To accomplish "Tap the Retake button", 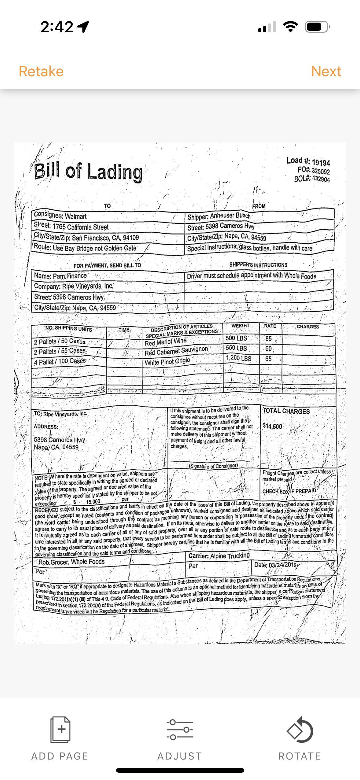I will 41,71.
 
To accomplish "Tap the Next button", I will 326,71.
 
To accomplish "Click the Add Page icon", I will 60,729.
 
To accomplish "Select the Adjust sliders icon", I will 180,729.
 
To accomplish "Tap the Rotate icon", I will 300,729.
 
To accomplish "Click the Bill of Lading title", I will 88,172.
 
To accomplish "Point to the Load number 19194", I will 321,162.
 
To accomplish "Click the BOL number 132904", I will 321,179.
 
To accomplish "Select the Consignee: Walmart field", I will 60,215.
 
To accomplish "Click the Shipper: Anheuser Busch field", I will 219,216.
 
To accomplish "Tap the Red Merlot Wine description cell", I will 166,342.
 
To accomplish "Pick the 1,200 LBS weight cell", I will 238,358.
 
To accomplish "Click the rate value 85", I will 268,338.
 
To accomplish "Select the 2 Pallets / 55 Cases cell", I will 60,351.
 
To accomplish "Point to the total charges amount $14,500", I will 272,426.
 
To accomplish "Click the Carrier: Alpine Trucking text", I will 219,556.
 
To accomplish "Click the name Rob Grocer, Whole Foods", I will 71,562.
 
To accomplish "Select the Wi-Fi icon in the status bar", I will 290,27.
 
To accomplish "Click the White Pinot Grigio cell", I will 167,362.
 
